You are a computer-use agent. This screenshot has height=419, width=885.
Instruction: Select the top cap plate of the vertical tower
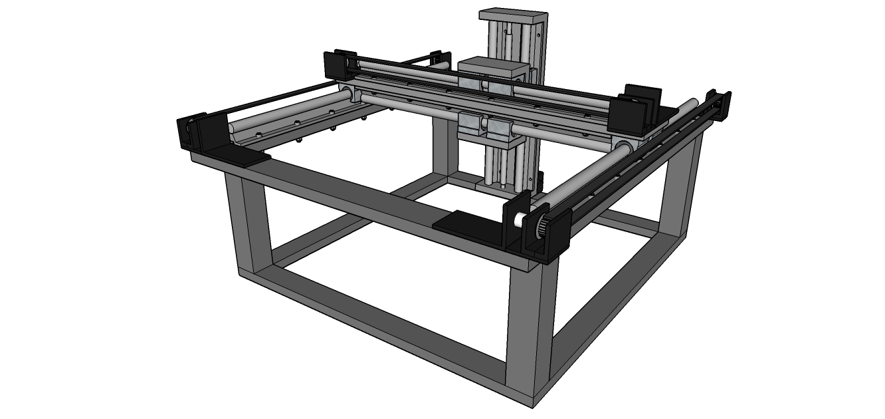point(513,16)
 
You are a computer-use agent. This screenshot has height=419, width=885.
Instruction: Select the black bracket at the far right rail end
point(722,104)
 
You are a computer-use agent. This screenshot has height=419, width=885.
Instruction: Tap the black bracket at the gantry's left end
point(338,65)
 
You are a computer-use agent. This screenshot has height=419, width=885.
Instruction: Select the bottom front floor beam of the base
point(385,326)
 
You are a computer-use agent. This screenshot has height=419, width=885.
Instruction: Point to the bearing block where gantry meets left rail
point(349,95)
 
